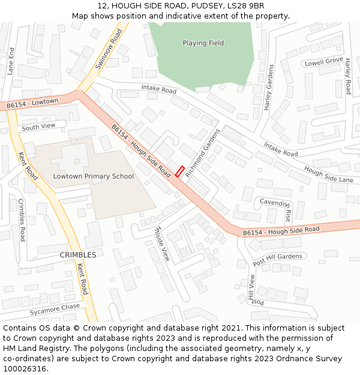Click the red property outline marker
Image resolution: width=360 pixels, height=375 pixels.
(179, 171)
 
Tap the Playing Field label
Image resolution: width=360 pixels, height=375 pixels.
(203, 43)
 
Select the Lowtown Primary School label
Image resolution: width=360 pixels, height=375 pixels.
(94, 176)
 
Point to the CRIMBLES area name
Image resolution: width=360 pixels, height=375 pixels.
(78, 255)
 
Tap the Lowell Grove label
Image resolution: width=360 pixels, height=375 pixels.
(323, 62)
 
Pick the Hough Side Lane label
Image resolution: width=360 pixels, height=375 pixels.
(329, 175)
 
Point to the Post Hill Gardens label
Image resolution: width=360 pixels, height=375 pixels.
(278, 260)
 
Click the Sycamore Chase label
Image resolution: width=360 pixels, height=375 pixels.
(55, 310)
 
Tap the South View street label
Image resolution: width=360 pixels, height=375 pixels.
(38, 127)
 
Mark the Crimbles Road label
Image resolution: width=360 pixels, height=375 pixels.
(22, 220)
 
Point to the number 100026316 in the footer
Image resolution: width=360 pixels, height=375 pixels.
(25, 369)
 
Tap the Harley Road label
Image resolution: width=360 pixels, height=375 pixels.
(347, 76)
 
